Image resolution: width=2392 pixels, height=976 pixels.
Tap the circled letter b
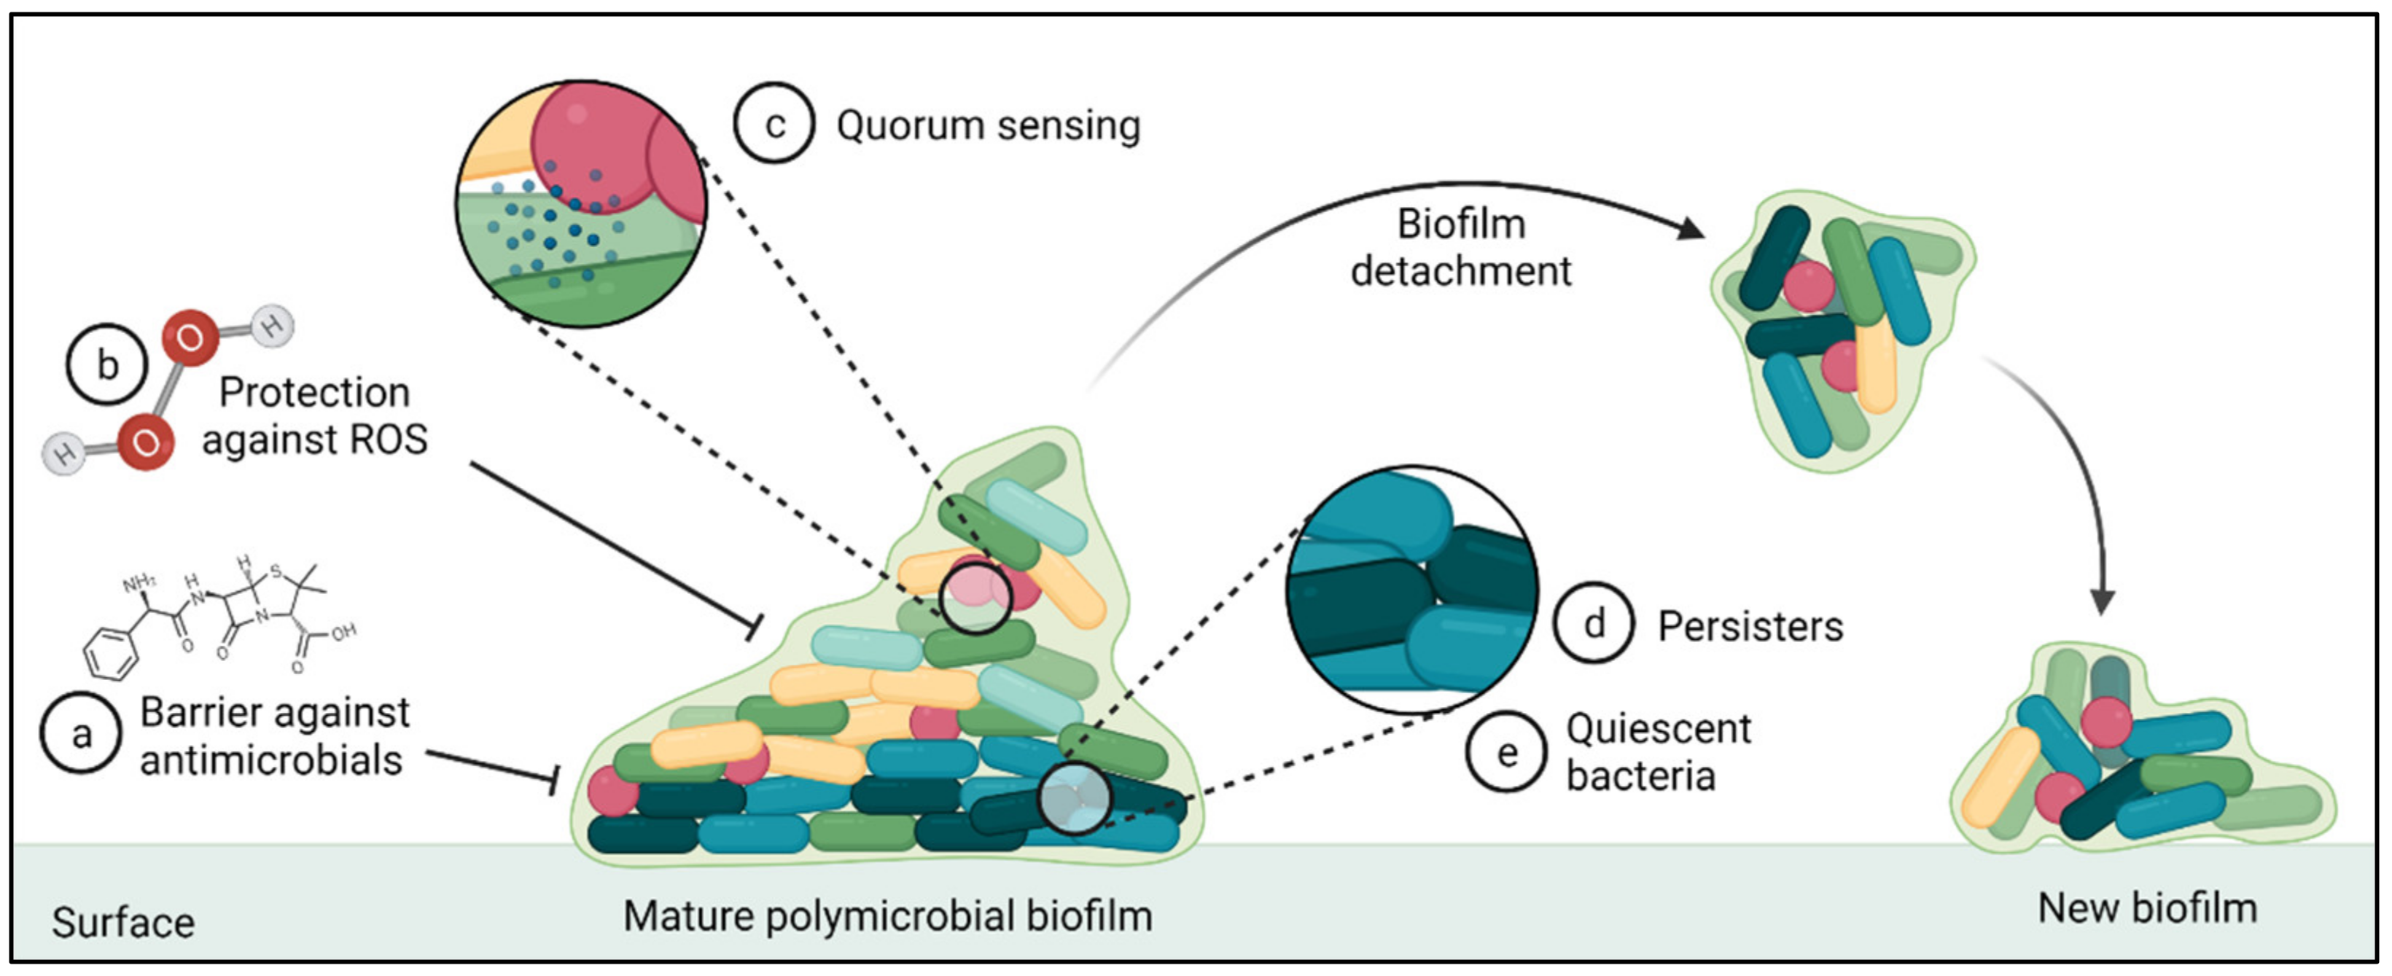point(106,363)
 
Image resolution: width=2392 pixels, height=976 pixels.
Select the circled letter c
point(774,123)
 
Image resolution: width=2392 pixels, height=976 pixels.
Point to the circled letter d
point(1594,623)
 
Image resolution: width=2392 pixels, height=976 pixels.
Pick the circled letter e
point(1506,751)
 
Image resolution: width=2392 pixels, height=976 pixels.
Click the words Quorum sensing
point(988,125)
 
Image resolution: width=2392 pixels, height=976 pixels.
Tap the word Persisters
point(1750,626)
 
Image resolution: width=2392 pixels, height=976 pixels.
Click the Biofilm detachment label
point(1460,247)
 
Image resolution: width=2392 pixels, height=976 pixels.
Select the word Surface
point(122,922)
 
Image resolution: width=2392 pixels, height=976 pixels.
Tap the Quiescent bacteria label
point(1659,751)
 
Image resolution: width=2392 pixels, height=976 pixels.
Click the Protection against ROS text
point(315,415)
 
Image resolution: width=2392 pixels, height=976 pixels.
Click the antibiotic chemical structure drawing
point(219,617)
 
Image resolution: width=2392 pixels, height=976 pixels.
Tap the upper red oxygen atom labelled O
point(190,338)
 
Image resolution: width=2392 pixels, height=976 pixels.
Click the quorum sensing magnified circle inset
point(580,203)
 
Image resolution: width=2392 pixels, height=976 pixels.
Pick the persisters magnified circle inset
point(1411,590)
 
